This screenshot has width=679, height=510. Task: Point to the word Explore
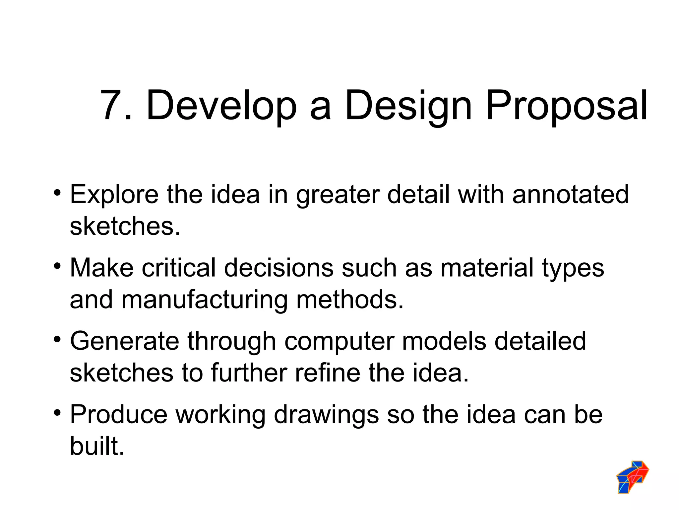click(x=114, y=195)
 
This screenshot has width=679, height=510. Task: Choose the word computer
click(x=339, y=342)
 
